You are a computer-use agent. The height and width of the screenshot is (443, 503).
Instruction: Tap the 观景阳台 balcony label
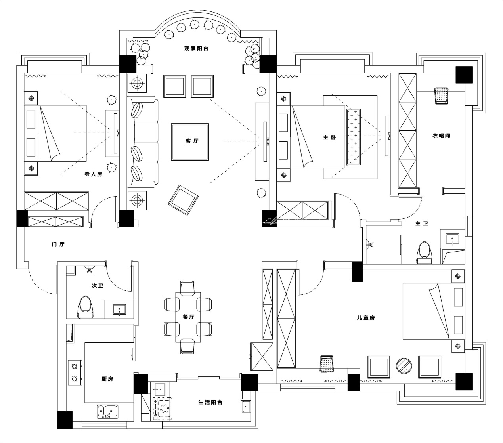[x=196, y=49]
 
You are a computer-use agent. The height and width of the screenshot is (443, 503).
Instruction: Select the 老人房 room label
[x=93, y=174]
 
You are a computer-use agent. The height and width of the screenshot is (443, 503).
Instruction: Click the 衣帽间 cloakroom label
[x=441, y=136]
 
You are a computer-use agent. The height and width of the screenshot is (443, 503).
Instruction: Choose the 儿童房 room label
[x=365, y=317]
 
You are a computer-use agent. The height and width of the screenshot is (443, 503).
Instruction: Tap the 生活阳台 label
[x=210, y=402]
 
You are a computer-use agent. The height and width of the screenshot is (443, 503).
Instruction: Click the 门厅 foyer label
[x=58, y=244]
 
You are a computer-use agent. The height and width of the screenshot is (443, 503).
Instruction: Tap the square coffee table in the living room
[x=190, y=142]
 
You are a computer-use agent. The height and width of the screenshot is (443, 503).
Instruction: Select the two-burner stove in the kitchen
[x=74, y=372]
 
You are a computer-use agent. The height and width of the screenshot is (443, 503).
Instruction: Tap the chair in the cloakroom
[x=441, y=96]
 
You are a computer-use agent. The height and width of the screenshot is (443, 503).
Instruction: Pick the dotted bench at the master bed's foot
[x=354, y=137]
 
